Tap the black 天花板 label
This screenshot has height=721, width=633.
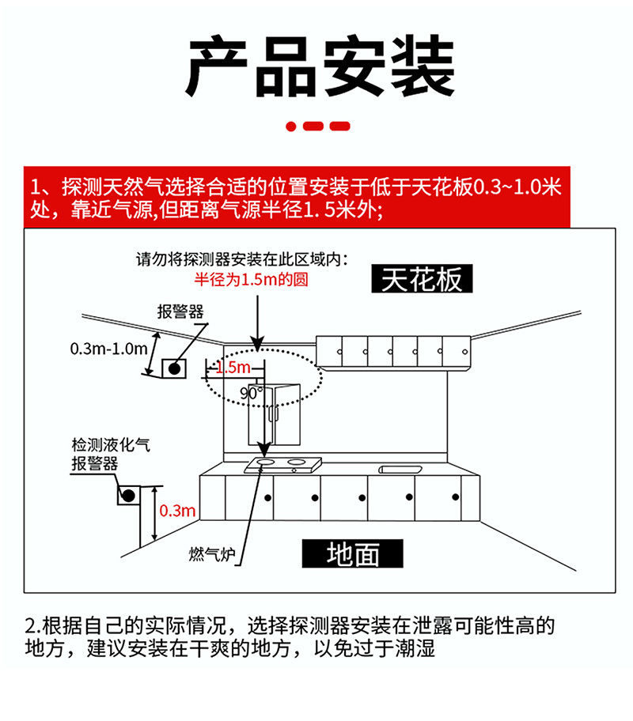click(421, 279)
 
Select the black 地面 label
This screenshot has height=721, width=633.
click(353, 554)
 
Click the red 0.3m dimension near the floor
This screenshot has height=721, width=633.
click(177, 511)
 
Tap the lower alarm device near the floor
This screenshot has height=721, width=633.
click(127, 496)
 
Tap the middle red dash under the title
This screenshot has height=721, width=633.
click(315, 126)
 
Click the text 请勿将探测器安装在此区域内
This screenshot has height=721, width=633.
click(242, 259)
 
